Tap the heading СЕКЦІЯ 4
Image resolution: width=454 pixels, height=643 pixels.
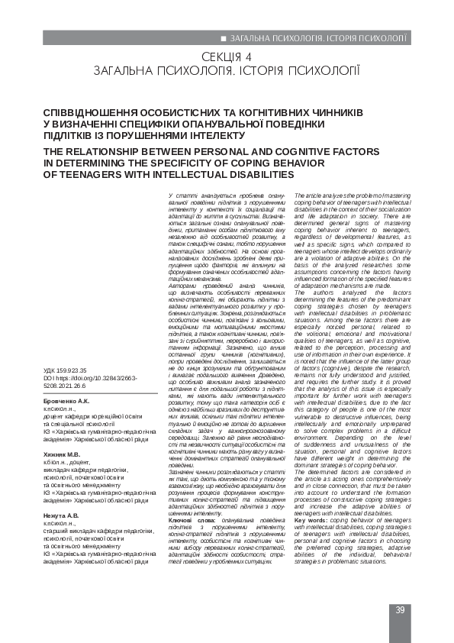tap(227, 57)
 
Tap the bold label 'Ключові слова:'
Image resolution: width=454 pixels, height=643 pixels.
tap(184, 543)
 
